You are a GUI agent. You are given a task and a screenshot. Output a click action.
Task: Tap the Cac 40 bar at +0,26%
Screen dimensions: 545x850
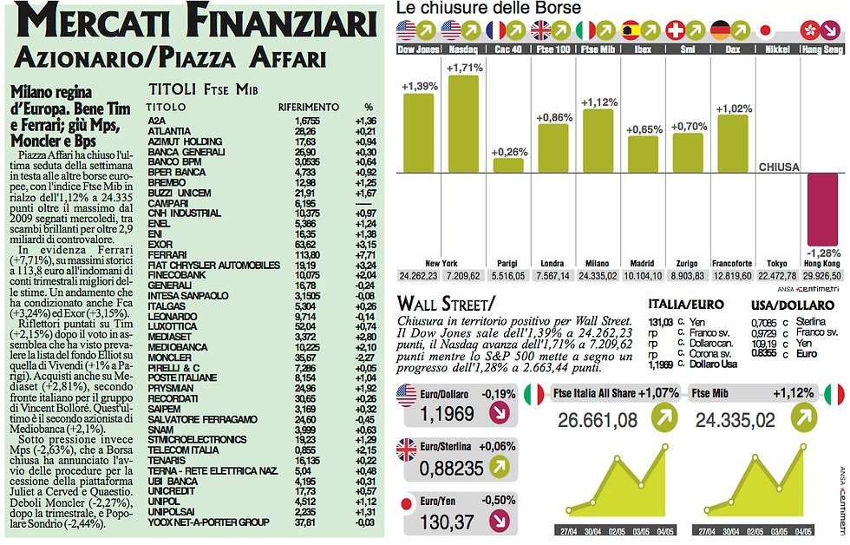(508, 165)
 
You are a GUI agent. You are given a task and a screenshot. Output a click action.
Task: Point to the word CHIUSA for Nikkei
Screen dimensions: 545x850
(778, 167)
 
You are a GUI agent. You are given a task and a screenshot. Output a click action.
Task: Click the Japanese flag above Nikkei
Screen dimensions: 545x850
(765, 30)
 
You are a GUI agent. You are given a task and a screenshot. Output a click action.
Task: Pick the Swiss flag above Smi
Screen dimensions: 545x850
(674, 30)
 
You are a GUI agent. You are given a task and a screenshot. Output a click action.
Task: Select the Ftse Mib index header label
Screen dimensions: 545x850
(598, 50)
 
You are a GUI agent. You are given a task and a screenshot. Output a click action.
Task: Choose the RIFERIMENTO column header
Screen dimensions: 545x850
(302, 107)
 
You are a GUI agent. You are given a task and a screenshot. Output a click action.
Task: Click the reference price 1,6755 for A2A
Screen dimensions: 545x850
(307, 120)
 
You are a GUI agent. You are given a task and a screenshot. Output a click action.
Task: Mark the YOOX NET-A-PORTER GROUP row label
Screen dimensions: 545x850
(206, 523)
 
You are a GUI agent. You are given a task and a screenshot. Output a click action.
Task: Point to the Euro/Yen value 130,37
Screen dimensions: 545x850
(447, 522)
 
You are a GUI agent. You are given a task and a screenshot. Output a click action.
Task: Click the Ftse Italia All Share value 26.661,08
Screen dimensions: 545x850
(598, 421)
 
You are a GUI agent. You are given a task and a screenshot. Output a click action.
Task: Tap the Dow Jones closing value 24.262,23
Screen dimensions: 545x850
(418, 276)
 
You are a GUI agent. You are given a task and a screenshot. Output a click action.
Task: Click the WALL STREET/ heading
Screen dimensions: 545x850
(445, 304)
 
